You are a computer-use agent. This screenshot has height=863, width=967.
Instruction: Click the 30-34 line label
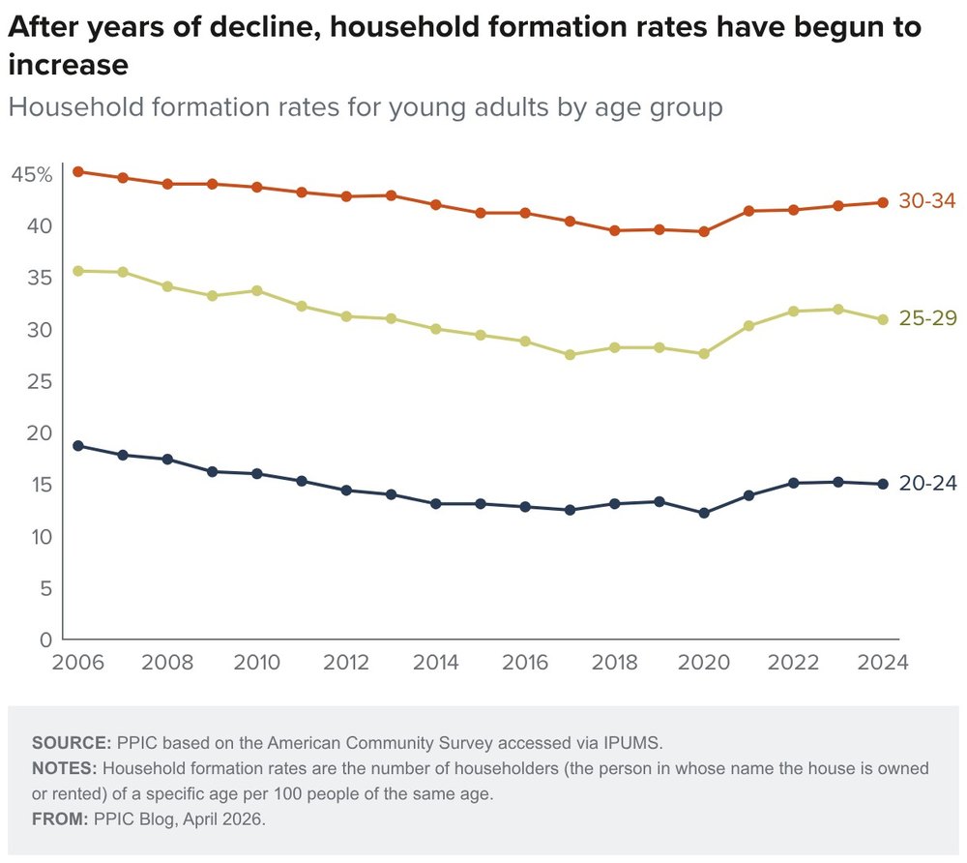[927, 201]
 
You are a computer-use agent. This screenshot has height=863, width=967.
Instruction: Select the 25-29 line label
[927, 318]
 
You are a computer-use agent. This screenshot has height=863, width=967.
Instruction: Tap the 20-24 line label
[927, 484]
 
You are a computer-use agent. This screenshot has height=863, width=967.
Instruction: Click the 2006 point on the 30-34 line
[78, 172]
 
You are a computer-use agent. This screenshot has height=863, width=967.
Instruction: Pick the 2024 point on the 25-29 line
[882, 320]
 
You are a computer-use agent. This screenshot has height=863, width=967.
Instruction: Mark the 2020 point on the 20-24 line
[704, 513]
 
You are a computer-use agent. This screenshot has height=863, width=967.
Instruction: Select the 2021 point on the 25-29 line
[748, 326]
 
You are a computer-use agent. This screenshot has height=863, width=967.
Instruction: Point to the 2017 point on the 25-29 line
[570, 355]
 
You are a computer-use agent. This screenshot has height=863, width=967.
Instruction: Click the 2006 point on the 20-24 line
[78, 446]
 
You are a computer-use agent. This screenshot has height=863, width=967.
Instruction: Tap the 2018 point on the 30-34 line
[614, 231]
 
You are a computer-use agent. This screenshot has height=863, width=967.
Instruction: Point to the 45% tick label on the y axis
[32, 175]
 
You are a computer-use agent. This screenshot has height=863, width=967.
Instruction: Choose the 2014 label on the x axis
[435, 663]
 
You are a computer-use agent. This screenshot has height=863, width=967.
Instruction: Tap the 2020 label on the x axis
[704, 663]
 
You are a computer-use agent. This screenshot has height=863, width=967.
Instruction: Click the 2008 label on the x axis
[167, 663]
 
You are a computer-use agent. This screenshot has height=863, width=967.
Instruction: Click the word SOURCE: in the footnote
[72, 743]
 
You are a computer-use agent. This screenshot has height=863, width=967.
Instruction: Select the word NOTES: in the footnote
[65, 769]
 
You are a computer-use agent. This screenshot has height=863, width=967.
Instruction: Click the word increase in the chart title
[68, 66]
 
